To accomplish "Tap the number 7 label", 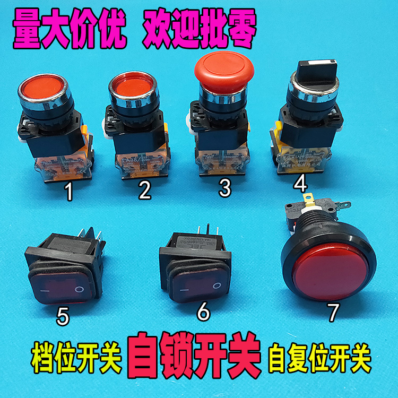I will (x=333, y=313).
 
